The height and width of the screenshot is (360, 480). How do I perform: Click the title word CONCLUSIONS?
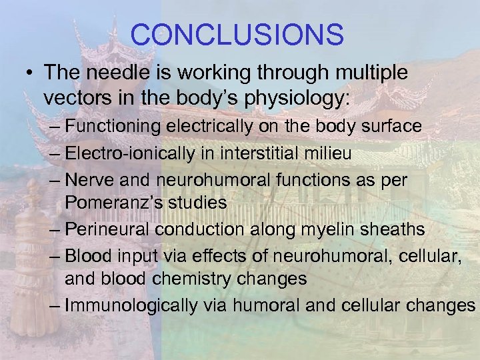237,34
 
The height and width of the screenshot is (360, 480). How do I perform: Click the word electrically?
216,125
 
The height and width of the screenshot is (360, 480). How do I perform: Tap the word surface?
389,125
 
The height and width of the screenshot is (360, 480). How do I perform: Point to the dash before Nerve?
55,181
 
